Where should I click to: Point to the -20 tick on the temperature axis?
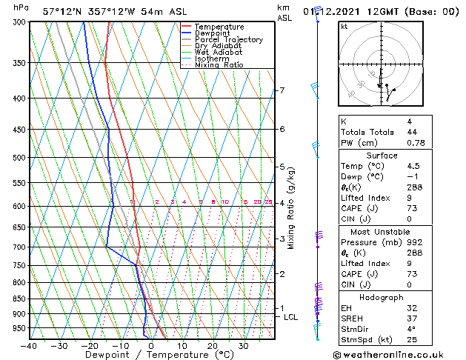[x=90, y=345]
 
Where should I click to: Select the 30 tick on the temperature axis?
[x=243, y=345]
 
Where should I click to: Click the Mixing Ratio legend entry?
[x=219, y=65]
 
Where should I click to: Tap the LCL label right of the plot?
[x=291, y=317]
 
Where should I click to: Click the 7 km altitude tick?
[x=282, y=90]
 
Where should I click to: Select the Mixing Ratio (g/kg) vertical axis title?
[x=291, y=208]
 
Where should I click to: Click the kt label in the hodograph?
[x=344, y=27]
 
